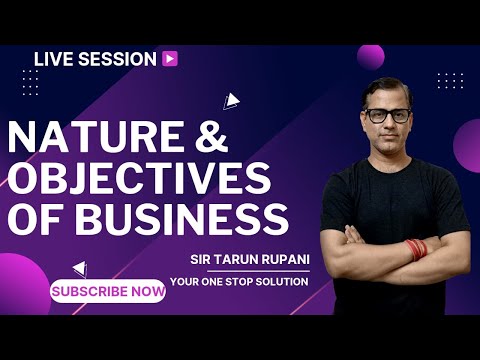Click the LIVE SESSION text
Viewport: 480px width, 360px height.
tap(95, 59)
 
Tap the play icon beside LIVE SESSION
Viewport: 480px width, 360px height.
tap(170, 59)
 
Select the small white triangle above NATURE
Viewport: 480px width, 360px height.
tap(231, 100)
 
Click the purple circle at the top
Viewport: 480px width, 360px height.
tap(371, 56)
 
